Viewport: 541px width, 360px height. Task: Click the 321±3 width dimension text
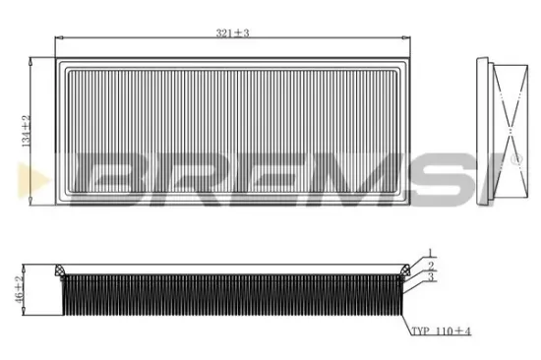(232, 33)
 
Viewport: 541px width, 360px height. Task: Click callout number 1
(430, 255)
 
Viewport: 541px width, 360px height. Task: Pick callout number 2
(430, 266)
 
